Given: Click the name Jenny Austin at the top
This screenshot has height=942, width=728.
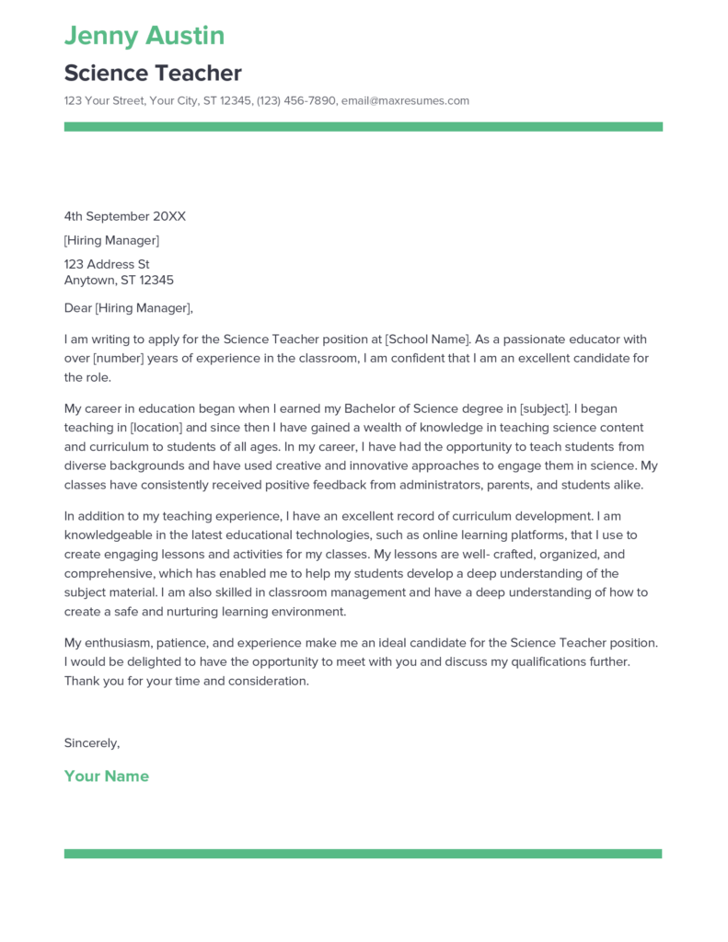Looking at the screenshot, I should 144,36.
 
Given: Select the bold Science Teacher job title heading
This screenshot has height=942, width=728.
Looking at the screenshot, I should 153,73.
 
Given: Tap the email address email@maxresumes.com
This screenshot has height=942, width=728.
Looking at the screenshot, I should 405,101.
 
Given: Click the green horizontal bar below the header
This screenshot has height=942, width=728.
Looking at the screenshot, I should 363,127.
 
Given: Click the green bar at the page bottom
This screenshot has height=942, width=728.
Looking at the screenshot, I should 363,854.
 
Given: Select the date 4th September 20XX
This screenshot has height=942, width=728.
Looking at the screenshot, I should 124,216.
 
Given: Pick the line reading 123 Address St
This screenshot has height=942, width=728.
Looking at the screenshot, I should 107,265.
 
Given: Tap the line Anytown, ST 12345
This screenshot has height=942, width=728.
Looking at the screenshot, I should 119,281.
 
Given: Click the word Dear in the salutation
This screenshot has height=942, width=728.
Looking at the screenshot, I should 78,308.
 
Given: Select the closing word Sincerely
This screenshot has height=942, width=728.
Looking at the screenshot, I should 92,742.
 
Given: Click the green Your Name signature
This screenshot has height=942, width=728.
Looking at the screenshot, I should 106,776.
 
